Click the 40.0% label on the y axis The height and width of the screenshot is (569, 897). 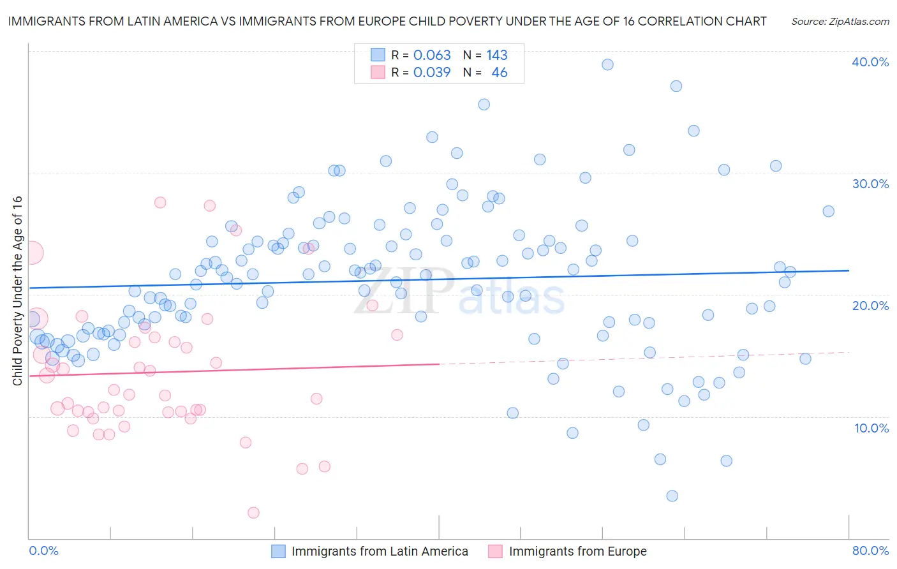coord(870,62)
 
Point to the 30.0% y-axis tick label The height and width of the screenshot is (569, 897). coord(870,184)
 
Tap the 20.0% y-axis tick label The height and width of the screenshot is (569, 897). coord(870,306)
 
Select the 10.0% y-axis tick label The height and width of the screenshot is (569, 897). coord(871,428)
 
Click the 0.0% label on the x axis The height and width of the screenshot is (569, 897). coord(43,551)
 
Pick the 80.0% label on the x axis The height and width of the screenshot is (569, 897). coord(870,551)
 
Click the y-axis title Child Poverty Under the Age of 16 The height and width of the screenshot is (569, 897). coord(17,290)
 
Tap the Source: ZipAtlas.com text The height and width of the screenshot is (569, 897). coord(840,22)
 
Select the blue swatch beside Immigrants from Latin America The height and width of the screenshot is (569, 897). coord(279,551)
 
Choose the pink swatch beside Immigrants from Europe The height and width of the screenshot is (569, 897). coord(496,551)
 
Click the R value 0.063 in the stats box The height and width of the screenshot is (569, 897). coord(432,55)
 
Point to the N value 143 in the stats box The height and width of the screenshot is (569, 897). coord(497,55)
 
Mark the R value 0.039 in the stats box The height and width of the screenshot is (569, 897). coord(432,73)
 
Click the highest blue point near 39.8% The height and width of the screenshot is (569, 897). coord(607,64)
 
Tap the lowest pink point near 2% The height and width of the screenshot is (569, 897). coord(253,513)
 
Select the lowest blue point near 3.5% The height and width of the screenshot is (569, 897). coord(672,496)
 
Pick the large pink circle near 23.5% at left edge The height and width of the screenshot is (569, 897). coord(33,253)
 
